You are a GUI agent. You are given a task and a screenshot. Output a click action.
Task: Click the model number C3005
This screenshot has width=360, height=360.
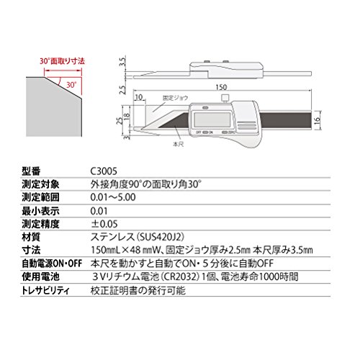coord(104,171)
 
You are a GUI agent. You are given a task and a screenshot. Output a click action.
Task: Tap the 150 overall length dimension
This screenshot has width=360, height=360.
coord(221,87)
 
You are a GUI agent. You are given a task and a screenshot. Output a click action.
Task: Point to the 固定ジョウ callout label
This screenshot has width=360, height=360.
coord(175,98)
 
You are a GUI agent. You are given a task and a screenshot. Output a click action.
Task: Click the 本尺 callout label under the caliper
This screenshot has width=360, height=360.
coord(179,144)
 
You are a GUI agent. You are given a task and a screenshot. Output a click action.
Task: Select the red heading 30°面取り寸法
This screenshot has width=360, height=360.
coord(63,61)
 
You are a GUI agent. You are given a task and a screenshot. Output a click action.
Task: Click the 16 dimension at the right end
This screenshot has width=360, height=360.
coord(318,120)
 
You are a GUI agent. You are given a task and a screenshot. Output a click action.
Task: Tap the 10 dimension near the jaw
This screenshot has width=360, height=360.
coord(139,97)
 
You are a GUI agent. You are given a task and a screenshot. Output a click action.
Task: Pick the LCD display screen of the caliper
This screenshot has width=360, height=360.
coord(212,120)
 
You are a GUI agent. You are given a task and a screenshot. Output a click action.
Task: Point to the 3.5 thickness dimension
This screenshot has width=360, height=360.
coord(122,62)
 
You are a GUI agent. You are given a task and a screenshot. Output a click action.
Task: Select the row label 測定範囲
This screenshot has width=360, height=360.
coord(40,197)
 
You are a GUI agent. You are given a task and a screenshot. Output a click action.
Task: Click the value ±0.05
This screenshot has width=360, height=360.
coord(104,224)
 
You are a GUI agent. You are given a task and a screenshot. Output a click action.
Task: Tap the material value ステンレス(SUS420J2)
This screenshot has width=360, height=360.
coord(138,237)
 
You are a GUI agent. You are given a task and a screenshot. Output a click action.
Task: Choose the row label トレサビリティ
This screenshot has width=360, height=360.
coord(45,291)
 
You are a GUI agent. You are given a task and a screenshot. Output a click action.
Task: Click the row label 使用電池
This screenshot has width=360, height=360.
coord(40,276)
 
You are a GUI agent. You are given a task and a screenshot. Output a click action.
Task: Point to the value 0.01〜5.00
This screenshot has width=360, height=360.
coord(113,197)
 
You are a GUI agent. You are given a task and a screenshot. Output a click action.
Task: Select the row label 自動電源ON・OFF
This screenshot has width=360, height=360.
coord(52,264)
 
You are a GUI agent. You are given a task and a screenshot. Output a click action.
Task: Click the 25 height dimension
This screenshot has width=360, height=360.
coord(120,121)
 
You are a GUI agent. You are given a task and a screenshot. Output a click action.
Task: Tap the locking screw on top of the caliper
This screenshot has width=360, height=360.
coord(225,98)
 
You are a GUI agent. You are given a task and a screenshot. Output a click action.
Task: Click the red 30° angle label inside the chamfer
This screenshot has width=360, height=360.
coord(71,84)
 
